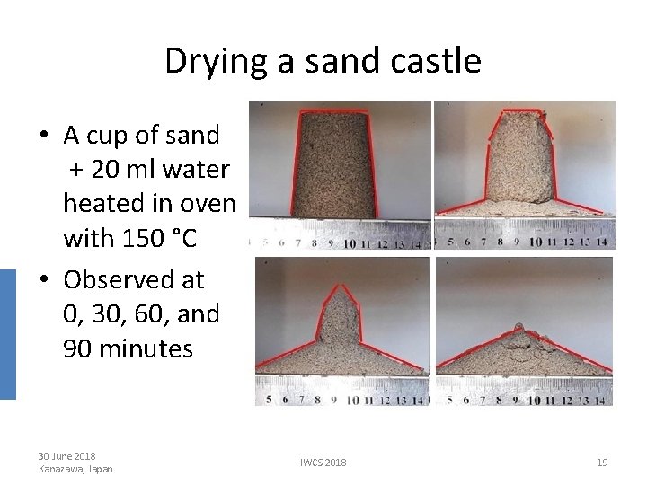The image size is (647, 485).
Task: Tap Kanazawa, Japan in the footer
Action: [76, 468]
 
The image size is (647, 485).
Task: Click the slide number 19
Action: [602, 462]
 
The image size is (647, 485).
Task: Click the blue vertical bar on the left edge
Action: [7, 332]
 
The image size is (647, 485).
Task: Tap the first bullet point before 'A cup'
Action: [44, 137]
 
